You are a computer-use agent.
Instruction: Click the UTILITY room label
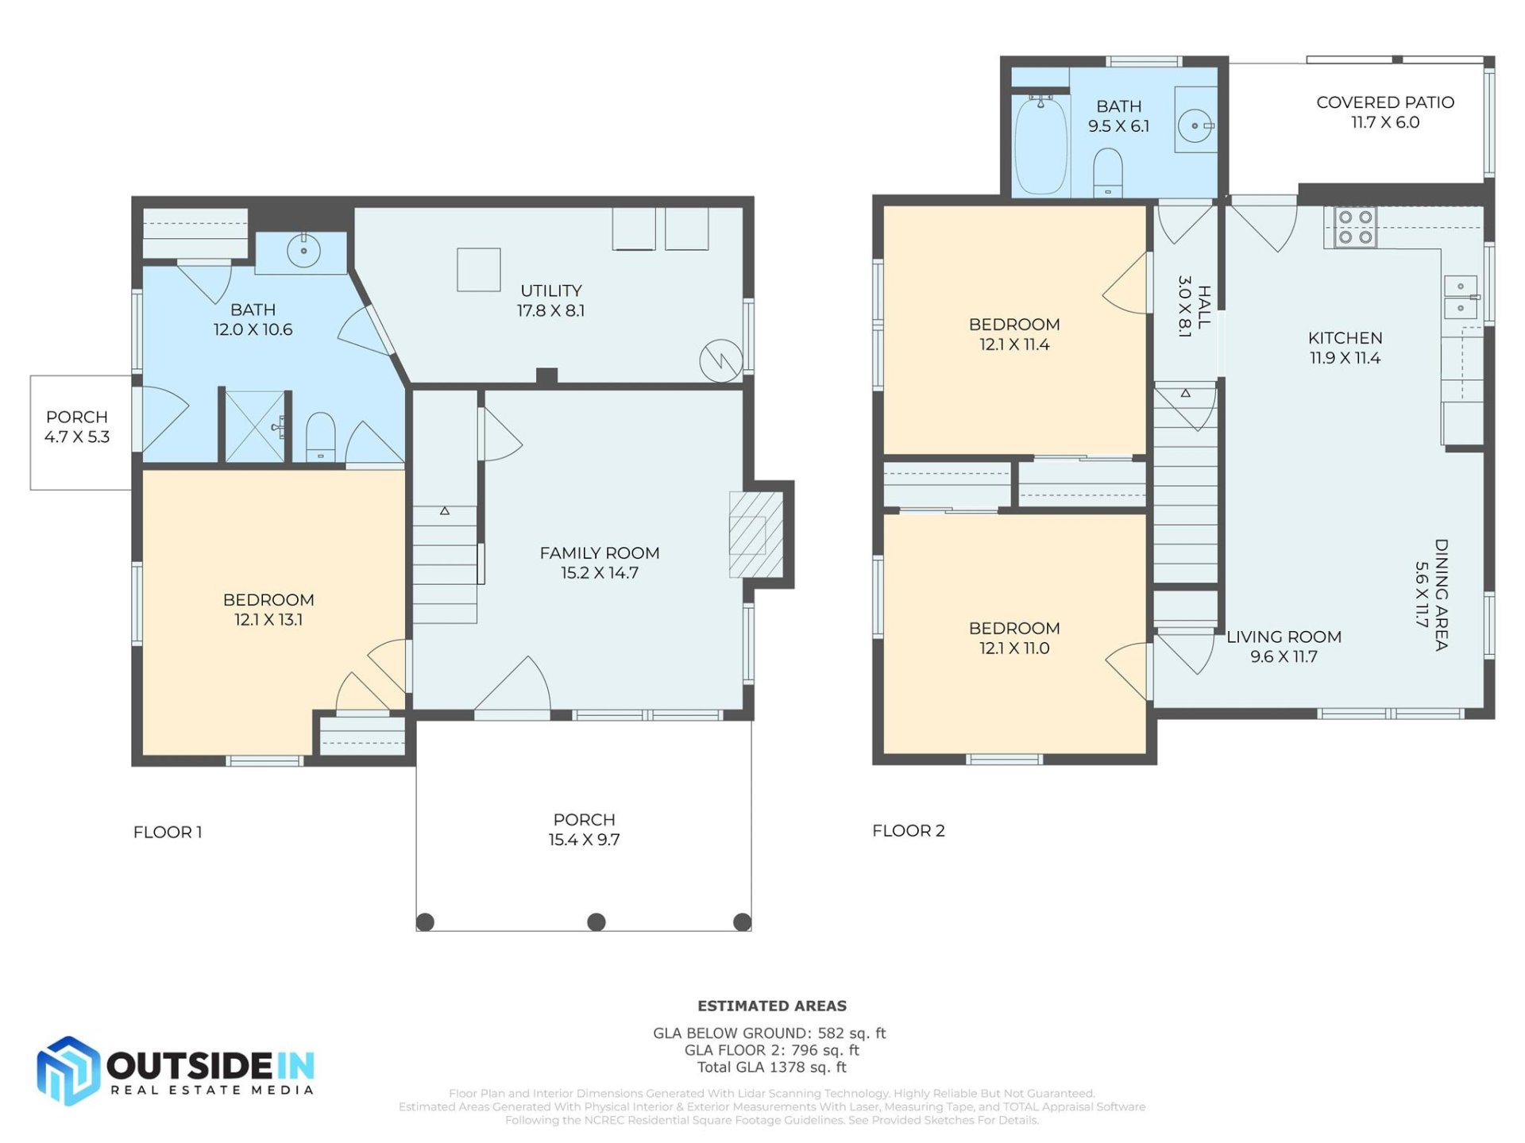click(550, 291)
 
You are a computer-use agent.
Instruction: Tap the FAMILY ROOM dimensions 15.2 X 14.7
click(599, 573)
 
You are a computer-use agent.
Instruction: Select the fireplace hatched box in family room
click(755, 534)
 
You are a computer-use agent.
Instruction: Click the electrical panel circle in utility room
click(720, 360)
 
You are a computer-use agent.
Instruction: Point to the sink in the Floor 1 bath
click(303, 251)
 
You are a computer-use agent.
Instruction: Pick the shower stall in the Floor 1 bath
click(255, 426)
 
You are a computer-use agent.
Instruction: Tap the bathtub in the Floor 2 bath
click(1040, 144)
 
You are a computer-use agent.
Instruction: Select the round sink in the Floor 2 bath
click(1194, 125)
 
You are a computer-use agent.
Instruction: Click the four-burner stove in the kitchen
click(1355, 227)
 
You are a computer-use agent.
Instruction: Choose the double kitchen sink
click(1460, 297)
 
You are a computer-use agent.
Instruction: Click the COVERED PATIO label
click(1384, 102)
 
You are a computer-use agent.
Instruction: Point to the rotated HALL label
click(1204, 307)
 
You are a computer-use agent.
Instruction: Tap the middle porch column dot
click(596, 922)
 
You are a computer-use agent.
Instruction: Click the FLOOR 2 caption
click(908, 830)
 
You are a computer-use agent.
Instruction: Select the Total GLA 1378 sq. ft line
click(771, 1067)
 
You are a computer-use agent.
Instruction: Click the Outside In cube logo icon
click(68, 1070)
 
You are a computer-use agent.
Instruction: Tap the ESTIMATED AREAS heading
click(771, 1006)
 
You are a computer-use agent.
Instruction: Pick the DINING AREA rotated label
click(1441, 595)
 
